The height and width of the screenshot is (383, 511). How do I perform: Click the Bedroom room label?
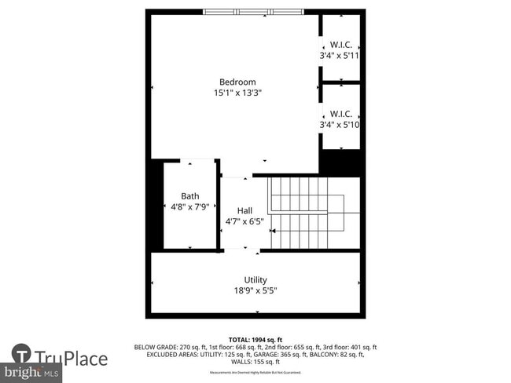[x=237, y=82]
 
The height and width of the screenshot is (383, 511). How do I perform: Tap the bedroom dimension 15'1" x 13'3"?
[x=237, y=93]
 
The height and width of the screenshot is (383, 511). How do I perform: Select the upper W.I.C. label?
[x=340, y=45]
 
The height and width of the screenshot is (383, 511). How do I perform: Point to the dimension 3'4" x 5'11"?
[x=340, y=56]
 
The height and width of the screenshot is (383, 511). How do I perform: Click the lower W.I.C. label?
[x=340, y=113]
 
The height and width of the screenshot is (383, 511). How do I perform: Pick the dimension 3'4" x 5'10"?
[x=340, y=124]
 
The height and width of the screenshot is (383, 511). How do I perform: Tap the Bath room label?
[x=190, y=196]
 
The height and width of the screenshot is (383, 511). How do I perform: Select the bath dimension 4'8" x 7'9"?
[x=190, y=207]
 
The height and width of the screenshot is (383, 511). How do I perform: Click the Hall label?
[x=244, y=210]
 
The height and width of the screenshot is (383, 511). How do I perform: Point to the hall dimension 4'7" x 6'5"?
[x=244, y=221]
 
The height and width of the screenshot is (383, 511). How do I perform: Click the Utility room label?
[x=256, y=279]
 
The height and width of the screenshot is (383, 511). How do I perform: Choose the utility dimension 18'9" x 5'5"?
[x=256, y=290]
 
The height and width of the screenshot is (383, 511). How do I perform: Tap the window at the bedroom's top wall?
[x=252, y=12]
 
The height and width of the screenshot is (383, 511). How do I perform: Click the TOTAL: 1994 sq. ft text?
[x=256, y=337]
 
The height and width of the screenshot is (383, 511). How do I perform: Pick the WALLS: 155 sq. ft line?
[x=256, y=363]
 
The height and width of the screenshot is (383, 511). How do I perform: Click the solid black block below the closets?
[x=340, y=163]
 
